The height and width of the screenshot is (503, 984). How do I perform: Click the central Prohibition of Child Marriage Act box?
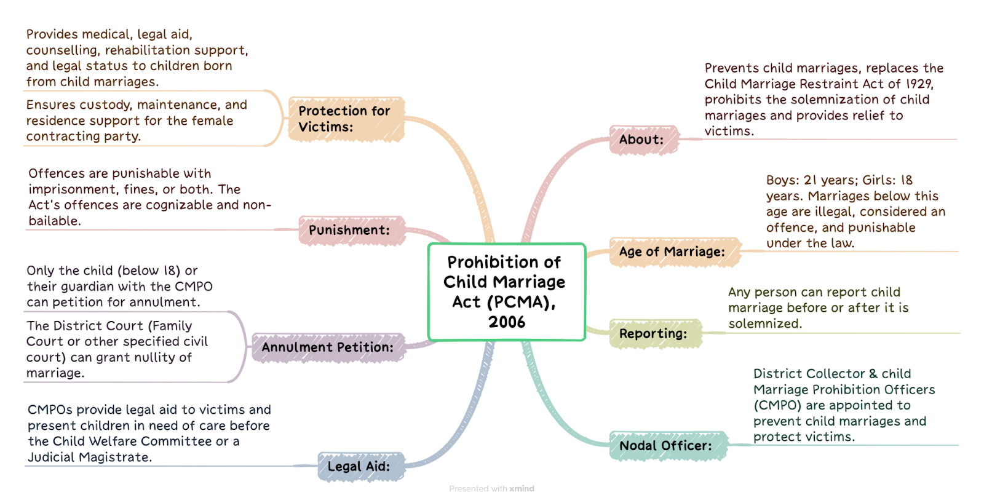coord(507,291)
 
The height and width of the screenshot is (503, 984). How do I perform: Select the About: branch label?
coord(643,140)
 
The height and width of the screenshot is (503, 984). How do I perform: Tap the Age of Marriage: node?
coord(675,251)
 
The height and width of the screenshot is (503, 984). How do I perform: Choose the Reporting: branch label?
coord(655,333)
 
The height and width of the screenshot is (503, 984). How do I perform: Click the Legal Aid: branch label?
coord(360,467)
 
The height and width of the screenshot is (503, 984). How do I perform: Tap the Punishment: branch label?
coord(351,230)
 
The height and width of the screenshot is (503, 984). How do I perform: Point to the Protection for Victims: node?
coord(346,119)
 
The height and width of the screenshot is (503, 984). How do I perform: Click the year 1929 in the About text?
coord(919,84)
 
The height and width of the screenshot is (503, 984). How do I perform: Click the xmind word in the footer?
coord(522,488)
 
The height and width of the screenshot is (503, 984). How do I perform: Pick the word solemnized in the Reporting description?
coord(765,324)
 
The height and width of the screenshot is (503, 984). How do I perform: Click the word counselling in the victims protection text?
coord(62,50)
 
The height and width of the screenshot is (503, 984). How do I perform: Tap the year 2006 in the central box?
coord(507,322)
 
